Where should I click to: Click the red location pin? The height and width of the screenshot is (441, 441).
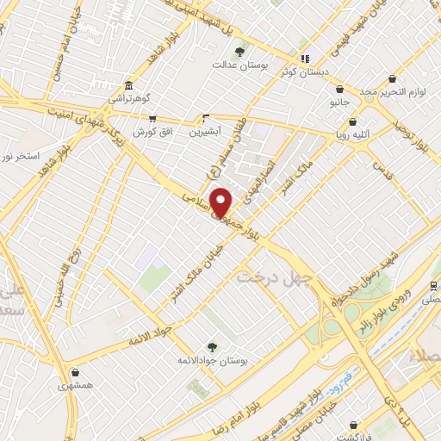click(221, 202)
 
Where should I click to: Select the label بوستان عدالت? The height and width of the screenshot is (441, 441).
click(240, 65)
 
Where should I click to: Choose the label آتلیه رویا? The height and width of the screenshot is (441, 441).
click(353, 134)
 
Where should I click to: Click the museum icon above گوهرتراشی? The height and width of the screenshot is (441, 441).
click(128, 85)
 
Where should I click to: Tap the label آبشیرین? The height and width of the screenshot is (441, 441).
click(206, 132)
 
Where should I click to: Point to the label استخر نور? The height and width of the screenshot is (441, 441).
click(20, 155)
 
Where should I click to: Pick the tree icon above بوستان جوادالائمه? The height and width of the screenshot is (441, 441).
click(212, 346)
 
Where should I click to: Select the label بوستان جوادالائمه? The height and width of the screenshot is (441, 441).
click(213, 360)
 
